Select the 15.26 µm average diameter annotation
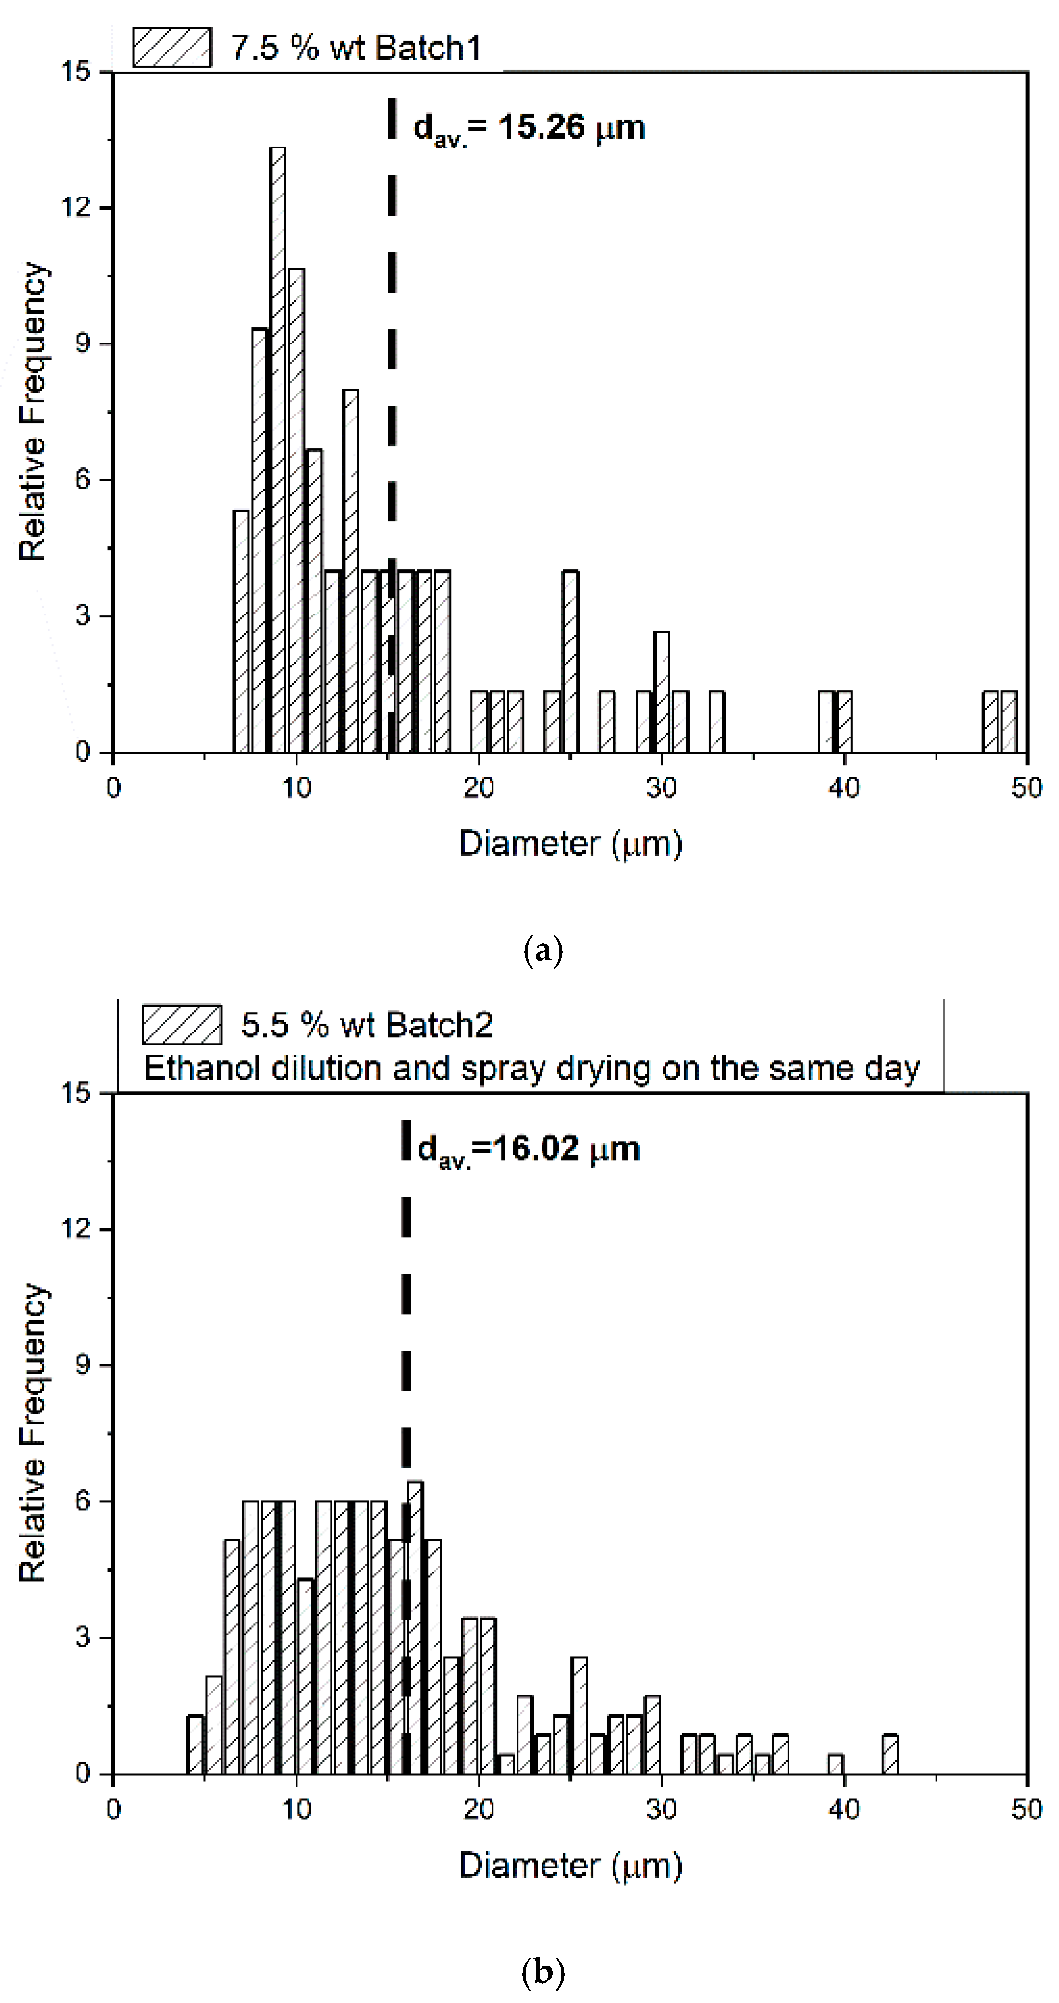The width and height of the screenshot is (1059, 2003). [x=529, y=127]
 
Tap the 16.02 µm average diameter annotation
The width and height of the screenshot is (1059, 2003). [x=529, y=1148]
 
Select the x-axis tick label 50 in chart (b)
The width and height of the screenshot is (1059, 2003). [x=1026, y=1809]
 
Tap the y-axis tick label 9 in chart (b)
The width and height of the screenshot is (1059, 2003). [x=82, y=1365]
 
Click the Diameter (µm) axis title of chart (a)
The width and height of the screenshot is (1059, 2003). [x=570, y=844]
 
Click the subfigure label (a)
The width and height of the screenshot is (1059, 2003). [x=543, y=951]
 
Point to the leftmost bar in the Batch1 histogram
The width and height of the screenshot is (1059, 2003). [x=241, y=631]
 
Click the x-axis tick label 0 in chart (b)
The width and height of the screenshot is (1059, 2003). [x=113, y=1809]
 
